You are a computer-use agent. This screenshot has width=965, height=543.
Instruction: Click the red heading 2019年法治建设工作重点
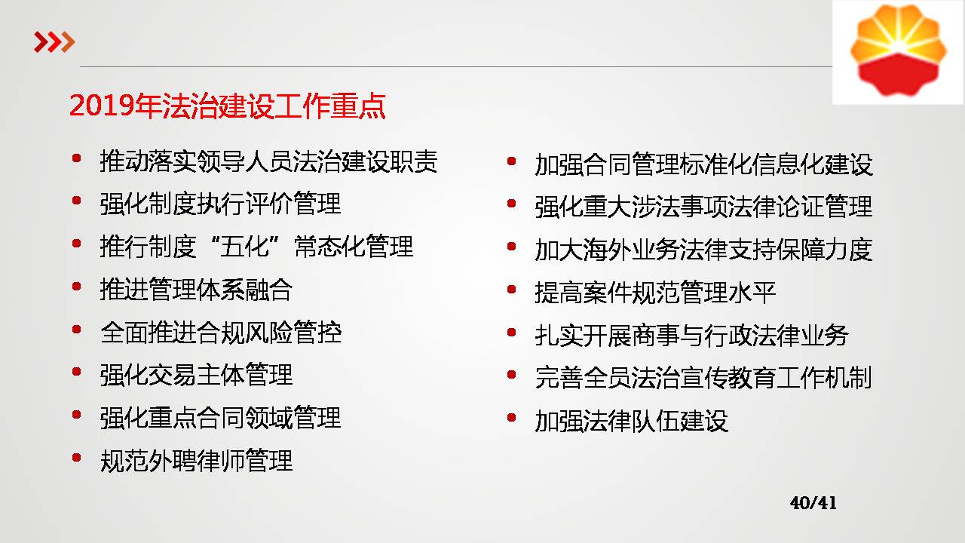tap(227, 106)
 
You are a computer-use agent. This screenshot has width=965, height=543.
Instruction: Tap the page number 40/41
tap(813, 503)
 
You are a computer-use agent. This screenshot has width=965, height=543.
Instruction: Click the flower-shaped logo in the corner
tap(898, 50)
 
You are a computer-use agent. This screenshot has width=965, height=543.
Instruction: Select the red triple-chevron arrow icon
tap(54, 41)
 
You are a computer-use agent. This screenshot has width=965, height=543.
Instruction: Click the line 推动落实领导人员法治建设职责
tap(268, 161)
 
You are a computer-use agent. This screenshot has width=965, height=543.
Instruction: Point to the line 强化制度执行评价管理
tap(220, 204)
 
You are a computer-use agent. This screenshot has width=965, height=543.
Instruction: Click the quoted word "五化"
tap(245, 247)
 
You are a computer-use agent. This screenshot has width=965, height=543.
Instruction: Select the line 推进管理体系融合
tap(196, 289)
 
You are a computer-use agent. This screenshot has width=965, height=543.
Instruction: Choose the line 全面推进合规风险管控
tap(221, 333)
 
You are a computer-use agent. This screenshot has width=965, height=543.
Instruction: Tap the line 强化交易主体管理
tap(196, 375)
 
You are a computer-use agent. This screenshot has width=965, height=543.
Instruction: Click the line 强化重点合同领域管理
tap(220, 418)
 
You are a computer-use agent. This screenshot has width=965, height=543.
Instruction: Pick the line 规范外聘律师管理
tap(196, 461)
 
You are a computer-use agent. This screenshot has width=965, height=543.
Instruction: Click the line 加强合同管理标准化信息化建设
tap(703, 164)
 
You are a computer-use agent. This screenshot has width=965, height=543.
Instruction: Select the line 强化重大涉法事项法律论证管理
tap(703, 207)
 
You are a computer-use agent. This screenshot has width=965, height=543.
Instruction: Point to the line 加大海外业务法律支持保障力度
tap(703, 250)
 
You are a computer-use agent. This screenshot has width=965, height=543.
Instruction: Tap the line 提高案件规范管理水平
tap(655, 293)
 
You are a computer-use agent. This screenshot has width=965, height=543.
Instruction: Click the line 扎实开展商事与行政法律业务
tap(691, 336)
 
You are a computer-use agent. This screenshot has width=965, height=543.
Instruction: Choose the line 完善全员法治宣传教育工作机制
tap(703, 378)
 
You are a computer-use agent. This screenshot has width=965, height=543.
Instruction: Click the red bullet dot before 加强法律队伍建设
tap(512, 418)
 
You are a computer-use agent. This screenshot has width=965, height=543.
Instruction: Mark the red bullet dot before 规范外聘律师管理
tap(77, 457)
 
